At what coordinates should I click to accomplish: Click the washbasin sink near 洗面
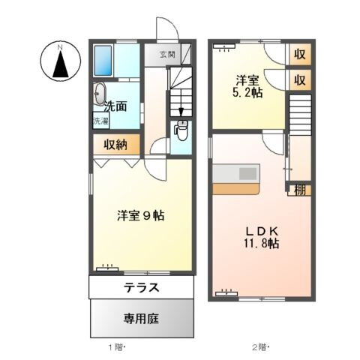(100, 95)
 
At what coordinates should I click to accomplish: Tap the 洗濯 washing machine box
(100, 121)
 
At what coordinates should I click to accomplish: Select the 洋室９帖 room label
(140, 215)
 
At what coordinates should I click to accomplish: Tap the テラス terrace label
(141, 287)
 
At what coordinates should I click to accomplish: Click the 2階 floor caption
(259, 348)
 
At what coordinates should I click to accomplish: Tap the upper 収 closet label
(299, 54)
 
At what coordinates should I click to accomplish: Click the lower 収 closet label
(299, 79)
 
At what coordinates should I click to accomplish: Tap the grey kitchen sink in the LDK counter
(247, 173)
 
